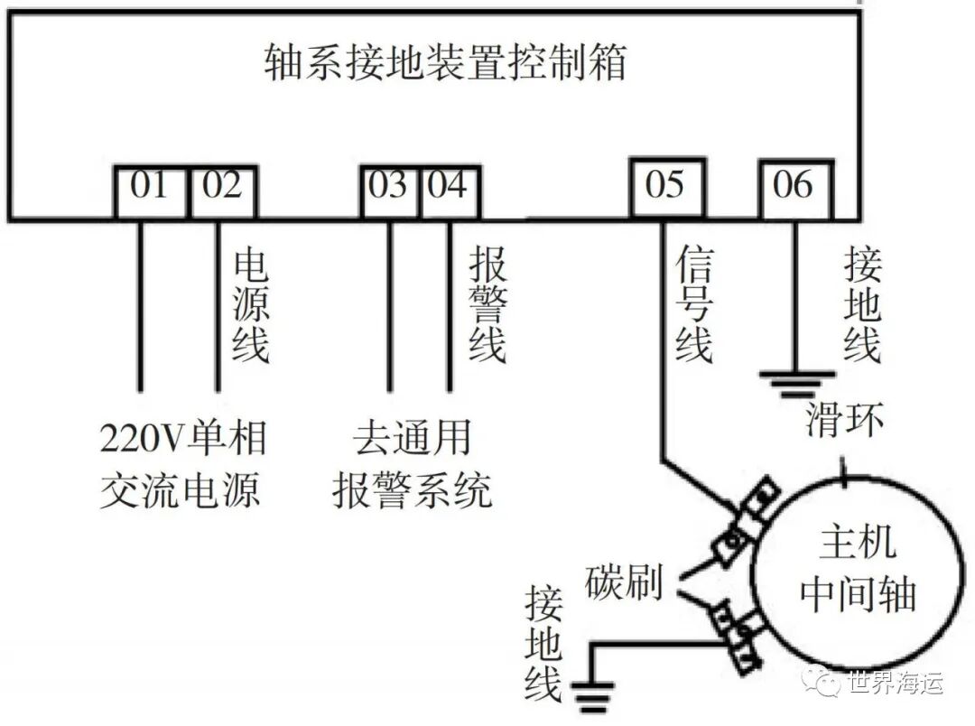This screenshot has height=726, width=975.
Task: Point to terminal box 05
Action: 666,187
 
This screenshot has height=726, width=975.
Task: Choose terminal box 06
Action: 794,188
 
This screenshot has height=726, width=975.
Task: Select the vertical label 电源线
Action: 250,306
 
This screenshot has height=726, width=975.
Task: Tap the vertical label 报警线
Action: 487,306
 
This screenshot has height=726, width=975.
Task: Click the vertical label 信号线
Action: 693,306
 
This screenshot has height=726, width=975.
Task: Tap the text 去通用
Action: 412,440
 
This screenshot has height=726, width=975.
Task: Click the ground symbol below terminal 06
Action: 794,384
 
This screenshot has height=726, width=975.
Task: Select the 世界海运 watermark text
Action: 894,683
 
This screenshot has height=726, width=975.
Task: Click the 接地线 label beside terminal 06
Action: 862,306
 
